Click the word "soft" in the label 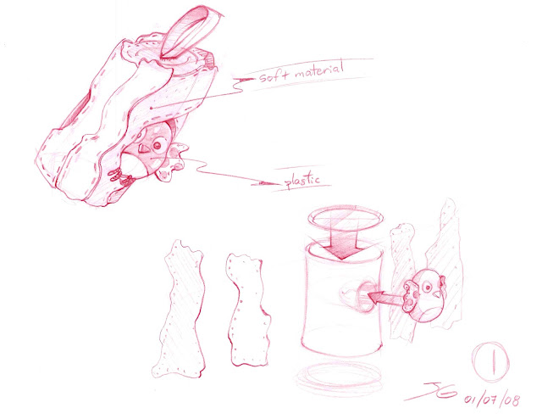click(x=273, y=75)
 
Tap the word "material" click(x=319, y=70)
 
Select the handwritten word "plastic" click(x=302, y=180)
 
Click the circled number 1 click(x=491, y=361)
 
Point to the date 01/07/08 click(x=492, y=399)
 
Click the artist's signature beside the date click(x=432, y=392)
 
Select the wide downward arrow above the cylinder click(x=340, y=244)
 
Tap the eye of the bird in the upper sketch click(x=158, y=146)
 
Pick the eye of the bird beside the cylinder click(x=429, y=287)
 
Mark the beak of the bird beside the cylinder click(x=438, y=293)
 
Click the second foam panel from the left click(x=248, y=310)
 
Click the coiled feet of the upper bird click(x=121, y=177)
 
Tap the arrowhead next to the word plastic click(x=268, y=182)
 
